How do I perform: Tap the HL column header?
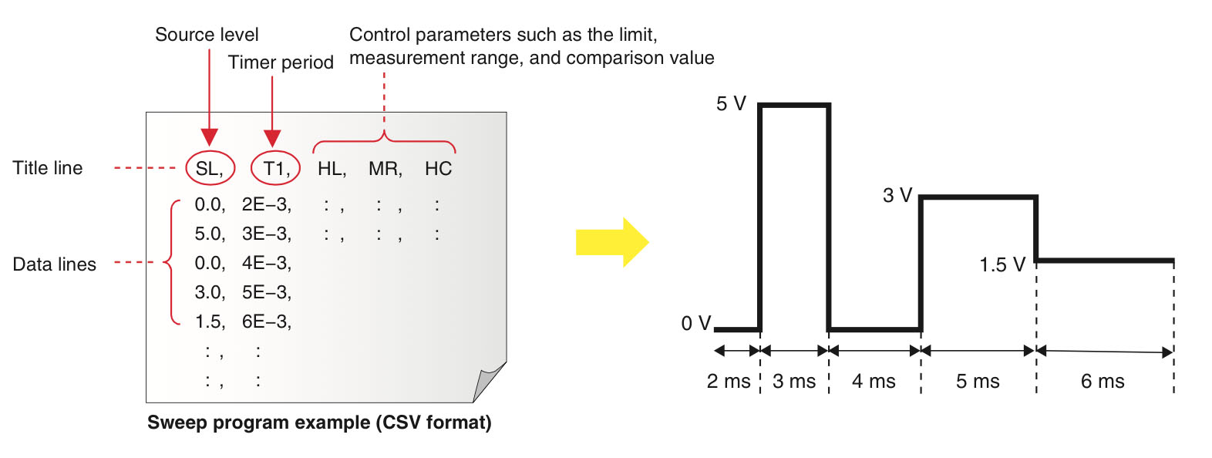click(x=332, y=169)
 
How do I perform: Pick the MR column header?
click(x=385, y=169)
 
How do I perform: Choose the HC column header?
click(x=438, y=169)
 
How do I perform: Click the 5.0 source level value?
click(x=209, y=234)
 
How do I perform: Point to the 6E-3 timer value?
click(x=266, y=322)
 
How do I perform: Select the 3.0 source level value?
click(x=209, y=292)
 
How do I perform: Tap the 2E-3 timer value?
click(x=266, y=204)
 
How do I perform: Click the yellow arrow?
click(x=611, y=242)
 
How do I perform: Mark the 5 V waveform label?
click(x=731, y=103)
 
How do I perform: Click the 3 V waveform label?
click(x=897, y=195)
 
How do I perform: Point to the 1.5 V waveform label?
click(x=1002, y=265)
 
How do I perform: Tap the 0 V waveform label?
click(x=695, y=323)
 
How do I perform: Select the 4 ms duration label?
click(x=874, y=381)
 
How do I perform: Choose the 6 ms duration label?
click(x=1103, y=381)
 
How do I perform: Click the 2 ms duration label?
click(x=729, y=381)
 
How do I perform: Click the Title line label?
click(x=48, y=168)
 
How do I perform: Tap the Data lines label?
click(x=55, y=264)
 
